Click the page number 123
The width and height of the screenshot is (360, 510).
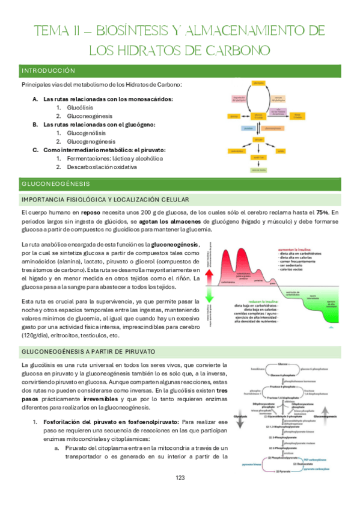click(x=180, y=494)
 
